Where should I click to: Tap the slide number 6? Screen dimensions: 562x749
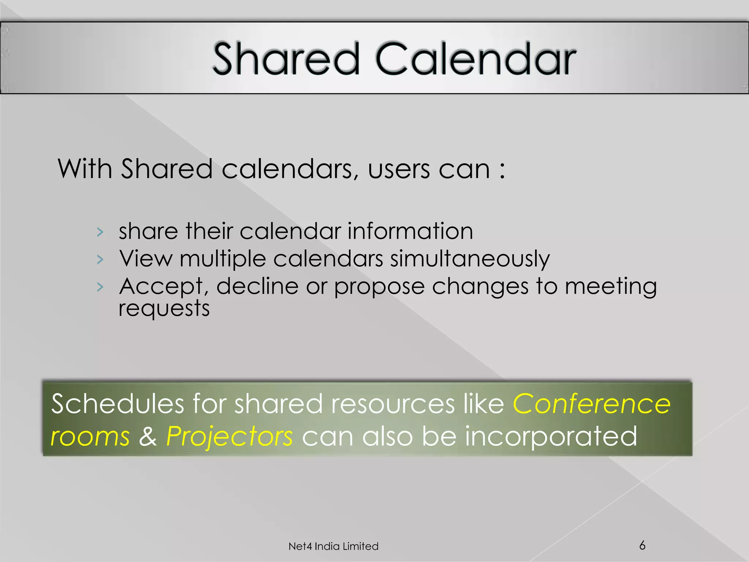642,545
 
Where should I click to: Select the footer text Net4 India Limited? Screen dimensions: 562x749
333,546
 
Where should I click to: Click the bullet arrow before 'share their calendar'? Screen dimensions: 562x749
100,232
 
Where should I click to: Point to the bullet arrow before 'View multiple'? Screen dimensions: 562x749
100,259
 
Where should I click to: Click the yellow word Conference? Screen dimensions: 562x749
591,404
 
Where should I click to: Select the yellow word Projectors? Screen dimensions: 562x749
229,436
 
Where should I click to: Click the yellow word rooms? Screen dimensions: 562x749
90,437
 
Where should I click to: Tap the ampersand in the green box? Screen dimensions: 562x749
148,436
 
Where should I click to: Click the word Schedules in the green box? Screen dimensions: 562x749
117,404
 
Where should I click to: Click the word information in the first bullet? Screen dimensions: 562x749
410,231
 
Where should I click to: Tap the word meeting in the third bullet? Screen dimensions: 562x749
611,287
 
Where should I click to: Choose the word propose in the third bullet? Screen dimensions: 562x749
379,287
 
